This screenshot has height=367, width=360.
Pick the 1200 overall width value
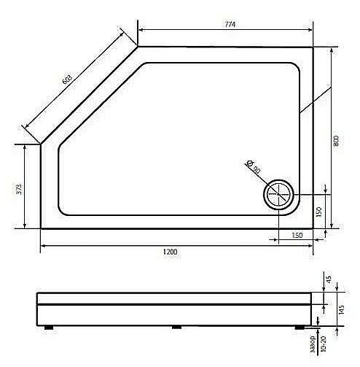point(171,252)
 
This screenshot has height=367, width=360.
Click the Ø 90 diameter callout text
point(253,167)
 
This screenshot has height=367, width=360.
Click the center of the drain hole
point(278,195)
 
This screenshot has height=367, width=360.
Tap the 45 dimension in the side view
point(329,279)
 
